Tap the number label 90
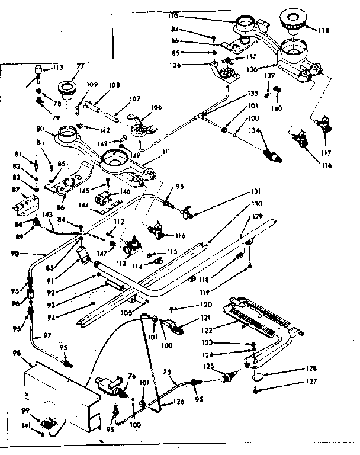tap(14, 253)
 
